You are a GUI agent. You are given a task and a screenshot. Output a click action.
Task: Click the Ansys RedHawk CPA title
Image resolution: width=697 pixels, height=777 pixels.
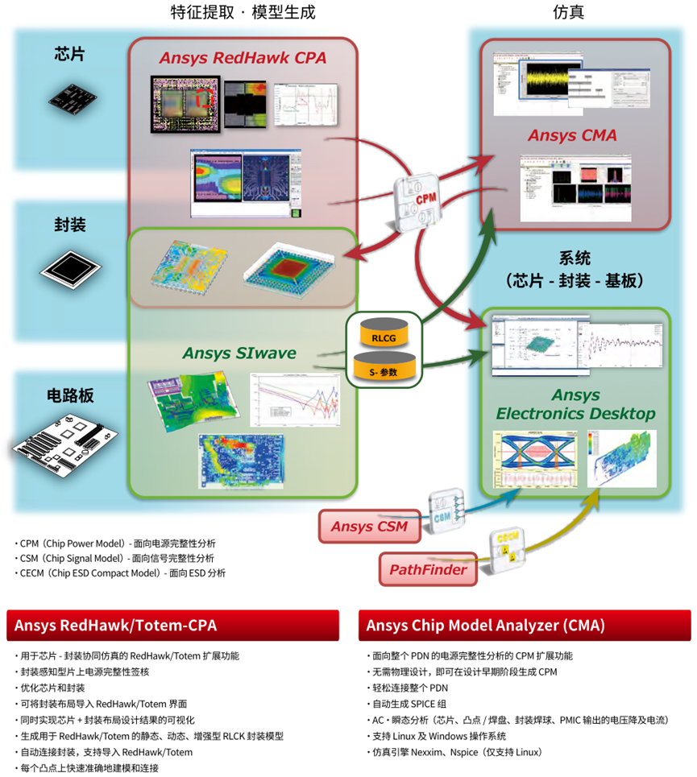tap(243, 58)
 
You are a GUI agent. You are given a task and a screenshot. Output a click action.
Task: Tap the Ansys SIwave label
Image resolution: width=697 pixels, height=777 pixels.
tap(239, 353)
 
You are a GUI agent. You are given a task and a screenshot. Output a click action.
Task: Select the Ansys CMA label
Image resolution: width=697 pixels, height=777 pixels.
tap(572, 135)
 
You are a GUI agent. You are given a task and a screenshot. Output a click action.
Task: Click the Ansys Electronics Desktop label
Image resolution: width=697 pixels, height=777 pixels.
tap(575, 405)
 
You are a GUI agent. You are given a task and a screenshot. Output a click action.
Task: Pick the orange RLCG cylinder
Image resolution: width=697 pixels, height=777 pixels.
tap(384, 332)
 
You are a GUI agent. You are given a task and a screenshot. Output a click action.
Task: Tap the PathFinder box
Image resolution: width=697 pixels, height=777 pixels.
tap(429, 570)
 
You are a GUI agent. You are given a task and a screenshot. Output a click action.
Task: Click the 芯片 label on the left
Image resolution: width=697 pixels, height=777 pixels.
tap(69, 55)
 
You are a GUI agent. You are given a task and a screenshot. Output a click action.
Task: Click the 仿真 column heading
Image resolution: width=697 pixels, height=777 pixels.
tap(568, 12)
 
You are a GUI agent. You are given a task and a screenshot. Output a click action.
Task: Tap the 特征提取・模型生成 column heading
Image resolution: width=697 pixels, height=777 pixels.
tap(243, 12)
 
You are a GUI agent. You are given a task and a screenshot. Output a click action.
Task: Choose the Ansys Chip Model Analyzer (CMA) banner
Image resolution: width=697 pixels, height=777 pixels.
tap(524, 626)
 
